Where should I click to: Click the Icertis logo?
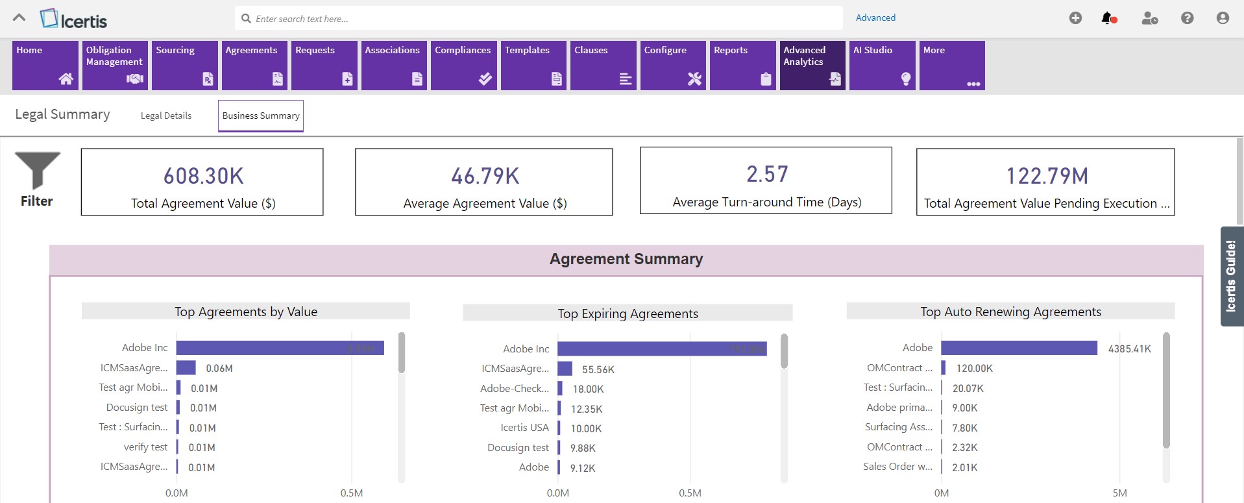click(73, 19)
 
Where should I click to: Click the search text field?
click(539, 19)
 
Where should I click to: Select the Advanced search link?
click(875, 18)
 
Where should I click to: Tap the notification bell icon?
click(1108, 18)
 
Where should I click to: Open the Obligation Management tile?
click(115, 65)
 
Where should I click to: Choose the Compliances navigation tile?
click(463, 65)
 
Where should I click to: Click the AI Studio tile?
click(882, 65)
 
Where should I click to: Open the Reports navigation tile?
click(742, 65)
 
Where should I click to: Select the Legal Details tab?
click(166, 116)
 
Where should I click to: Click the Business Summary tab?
click(261, 116)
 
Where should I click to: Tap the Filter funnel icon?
click(38, 170)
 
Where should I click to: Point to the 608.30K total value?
click(203, 176)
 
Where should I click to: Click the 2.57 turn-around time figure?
click(767, 174)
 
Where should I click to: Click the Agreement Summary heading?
click(626, 259)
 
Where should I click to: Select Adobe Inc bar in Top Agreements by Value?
click(280, 348)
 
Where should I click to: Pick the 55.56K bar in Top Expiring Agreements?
click(565, 369)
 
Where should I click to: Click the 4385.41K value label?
click(1129, 349)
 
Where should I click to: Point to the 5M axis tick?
click(1119, 493)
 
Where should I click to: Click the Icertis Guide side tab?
click(1231, 276)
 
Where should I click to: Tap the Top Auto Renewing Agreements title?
click(1010, 312)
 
